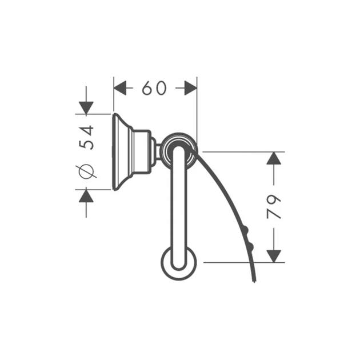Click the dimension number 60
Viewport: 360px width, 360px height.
click(154, 88)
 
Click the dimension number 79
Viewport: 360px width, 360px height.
click(274, 207)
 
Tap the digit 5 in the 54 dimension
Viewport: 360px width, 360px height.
click(86, 145)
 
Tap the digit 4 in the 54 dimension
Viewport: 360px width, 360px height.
click(87, 131)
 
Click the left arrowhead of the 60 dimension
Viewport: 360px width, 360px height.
click(120, 88)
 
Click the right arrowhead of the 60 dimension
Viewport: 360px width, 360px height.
click(190, 88)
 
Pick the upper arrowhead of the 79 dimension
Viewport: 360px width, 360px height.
click(274, 158)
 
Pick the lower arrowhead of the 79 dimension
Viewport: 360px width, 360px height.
click(274, 256)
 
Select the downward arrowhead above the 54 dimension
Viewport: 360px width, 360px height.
click(86, 108)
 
